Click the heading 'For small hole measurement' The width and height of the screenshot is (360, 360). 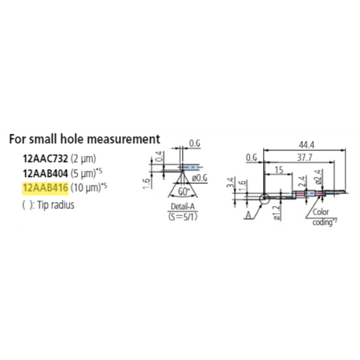pos(85,139)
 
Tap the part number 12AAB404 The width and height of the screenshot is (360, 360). pos(45,172)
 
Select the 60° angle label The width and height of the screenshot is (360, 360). pos(182,191)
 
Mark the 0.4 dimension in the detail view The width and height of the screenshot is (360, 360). pos(159,157)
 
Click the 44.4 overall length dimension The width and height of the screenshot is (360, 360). pos(306,145)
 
